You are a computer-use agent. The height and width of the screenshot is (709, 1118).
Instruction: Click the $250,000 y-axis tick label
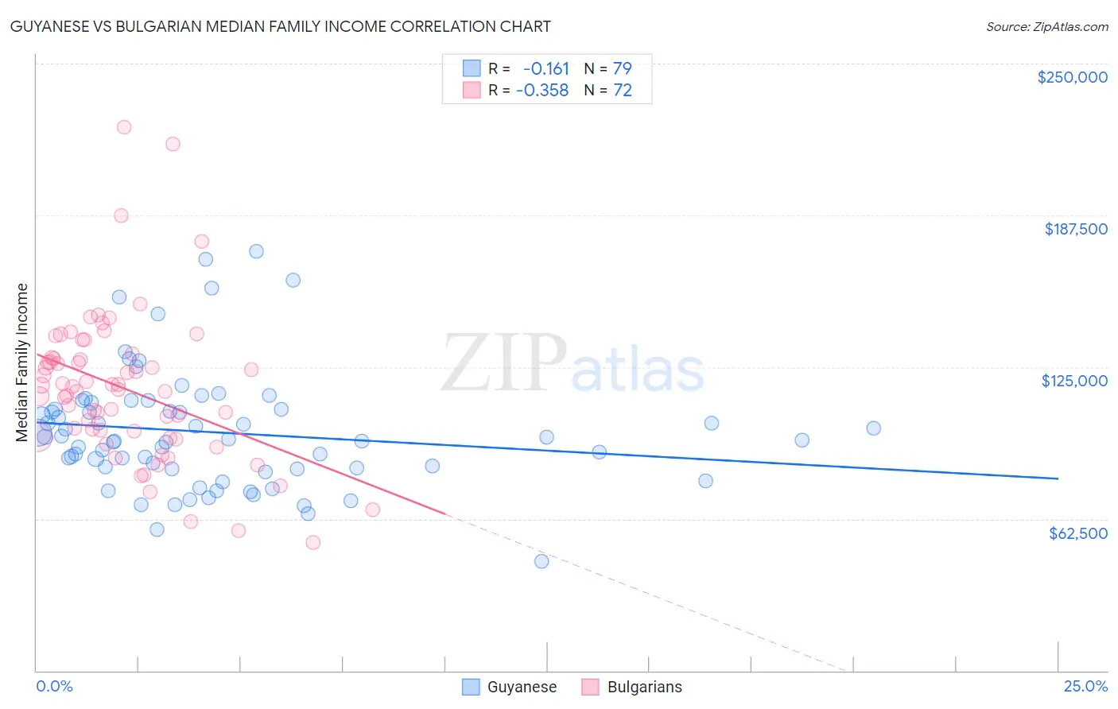click(1072, 77)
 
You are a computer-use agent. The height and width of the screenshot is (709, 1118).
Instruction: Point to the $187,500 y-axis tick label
click(1075, 229)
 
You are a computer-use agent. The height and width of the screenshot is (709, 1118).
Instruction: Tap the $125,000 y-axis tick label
click(1074, 381)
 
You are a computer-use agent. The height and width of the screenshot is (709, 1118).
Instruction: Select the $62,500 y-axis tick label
click(1077, 533)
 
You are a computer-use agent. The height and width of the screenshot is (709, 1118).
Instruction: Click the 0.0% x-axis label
click(54, 686)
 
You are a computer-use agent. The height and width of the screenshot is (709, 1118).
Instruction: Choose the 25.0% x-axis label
click(1085, 686)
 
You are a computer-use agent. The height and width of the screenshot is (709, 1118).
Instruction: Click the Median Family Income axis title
click(22, 362)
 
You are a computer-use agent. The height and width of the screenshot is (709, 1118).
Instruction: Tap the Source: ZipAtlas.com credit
click(1046, 26)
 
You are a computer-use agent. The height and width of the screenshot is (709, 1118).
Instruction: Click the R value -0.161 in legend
click(545, 68)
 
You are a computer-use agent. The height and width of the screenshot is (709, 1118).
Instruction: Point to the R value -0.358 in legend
click(542, 91)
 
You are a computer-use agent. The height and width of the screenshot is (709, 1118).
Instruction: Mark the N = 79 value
click(608, 68)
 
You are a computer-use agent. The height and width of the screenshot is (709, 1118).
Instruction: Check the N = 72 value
click(608, 91)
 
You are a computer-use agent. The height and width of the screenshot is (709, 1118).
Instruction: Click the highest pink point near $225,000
click(124, 127)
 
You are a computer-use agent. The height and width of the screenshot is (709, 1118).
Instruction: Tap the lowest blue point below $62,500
click(542, 561)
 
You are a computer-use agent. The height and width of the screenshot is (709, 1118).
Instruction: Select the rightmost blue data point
click(873, 428)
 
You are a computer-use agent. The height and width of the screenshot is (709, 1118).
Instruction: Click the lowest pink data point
click(313, 542)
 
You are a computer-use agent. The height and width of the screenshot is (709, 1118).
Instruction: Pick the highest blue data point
click(256, 251)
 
